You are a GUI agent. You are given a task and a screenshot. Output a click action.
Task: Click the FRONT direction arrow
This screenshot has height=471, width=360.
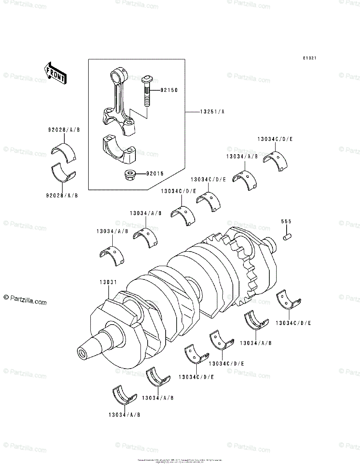coord(55,73)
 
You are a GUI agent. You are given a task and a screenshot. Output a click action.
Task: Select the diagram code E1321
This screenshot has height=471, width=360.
coord(309,58)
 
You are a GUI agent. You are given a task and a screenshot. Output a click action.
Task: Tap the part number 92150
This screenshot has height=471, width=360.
coord(169,90)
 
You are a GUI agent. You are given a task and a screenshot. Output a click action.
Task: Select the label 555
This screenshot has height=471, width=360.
coord(286,222)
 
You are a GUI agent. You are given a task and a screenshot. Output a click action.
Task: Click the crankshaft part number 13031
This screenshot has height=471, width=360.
coord(107,282)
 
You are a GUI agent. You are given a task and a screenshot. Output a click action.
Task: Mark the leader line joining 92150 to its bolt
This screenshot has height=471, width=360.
coord(155,90)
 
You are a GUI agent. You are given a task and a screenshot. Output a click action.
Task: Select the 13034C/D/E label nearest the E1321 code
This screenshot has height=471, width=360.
coord(275,139)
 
